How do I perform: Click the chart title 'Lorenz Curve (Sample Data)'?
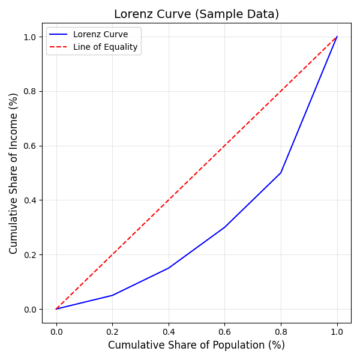(196, 14)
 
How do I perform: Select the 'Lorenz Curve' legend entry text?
(100, 35)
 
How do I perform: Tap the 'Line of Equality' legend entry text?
(105, 47)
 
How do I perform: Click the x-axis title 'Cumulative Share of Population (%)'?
(196, 345)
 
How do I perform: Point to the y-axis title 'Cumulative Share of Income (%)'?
(14, 173)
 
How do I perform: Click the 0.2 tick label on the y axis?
(31, 255)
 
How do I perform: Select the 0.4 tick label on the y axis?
(31, 200)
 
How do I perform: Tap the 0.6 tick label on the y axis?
(31, 146)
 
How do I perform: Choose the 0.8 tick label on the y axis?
(31, 91)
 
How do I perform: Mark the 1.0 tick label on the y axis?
(31, 37)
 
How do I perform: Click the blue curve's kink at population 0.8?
(281, 173)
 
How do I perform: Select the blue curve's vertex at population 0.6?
(224, 227)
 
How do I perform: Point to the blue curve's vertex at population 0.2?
(112, 295)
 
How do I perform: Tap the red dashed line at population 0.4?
(169, 200)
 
